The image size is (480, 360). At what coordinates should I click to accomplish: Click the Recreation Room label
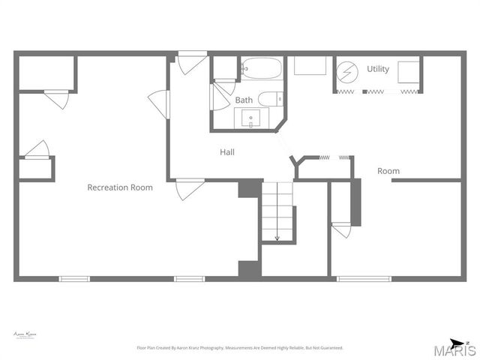[x=120, y=187]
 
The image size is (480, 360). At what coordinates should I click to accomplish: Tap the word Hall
[x=227, y=152]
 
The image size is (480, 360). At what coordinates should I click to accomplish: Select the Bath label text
[x=244, y=100]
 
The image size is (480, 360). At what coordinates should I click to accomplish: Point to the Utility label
[x=378, y=69]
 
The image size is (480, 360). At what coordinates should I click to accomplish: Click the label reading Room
[x=388, y=171]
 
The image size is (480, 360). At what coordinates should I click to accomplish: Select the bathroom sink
[x=250, y=118]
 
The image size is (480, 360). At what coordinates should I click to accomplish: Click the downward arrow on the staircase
[x=277, y=237]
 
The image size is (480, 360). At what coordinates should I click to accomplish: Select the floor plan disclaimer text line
[x=239, y=348]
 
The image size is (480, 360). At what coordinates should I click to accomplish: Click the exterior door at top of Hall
[x=192, y=61]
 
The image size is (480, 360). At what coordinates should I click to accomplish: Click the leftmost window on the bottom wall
[x=74, y=279]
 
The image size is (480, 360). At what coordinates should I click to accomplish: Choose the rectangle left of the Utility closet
[x=309, y=66]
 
